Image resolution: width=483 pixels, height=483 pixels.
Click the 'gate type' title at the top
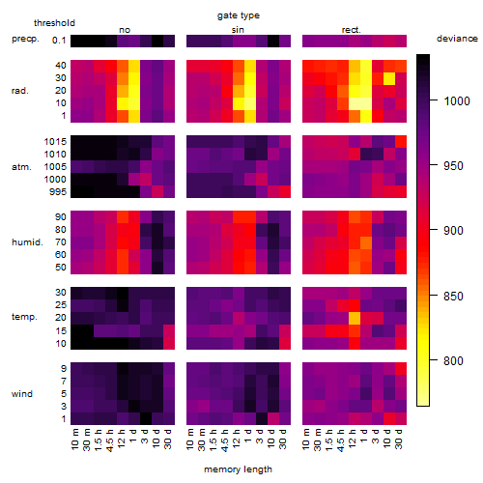239,15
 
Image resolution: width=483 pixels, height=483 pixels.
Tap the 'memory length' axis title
238,469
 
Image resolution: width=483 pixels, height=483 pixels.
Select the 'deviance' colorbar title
457,39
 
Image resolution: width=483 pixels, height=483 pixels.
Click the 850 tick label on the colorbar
453,296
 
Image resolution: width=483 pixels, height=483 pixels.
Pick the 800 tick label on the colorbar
453,360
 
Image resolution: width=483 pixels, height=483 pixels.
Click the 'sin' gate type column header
238,30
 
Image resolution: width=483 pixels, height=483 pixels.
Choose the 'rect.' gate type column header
351,30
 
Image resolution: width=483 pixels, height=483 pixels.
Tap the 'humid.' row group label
27,241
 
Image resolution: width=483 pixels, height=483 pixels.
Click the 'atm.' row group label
21,167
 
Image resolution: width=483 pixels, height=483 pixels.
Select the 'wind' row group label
22,394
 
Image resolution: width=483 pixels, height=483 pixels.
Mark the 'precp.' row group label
25,39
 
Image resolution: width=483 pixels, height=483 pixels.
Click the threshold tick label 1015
55,142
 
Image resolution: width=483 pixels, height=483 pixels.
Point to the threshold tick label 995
58,192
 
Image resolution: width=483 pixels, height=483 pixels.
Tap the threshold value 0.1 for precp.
59,41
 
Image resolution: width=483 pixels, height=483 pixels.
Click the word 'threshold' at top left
54,23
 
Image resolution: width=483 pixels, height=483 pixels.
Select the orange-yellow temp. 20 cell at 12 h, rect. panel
355,318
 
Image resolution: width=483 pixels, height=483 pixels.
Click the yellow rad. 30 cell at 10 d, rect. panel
389,79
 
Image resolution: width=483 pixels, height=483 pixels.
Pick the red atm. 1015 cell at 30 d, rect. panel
401,142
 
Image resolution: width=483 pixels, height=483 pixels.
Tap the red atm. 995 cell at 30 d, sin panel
285,192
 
